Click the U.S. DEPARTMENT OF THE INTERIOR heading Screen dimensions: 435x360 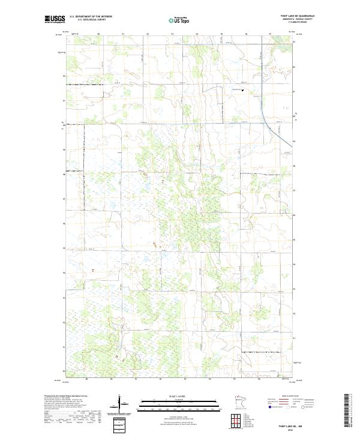click(x=91, y=16)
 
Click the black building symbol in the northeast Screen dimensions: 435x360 click(x=243, y=91)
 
